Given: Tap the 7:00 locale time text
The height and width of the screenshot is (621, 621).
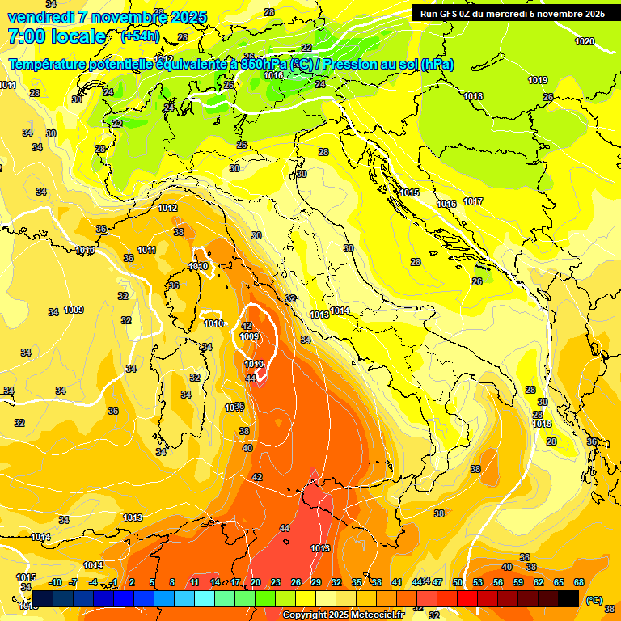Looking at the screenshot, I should click(x=57, y=36).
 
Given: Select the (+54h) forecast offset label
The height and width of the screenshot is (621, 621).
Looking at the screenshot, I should click(x=139, y=36).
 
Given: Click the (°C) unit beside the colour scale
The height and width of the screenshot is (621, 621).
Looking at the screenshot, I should click(x=594, y=599).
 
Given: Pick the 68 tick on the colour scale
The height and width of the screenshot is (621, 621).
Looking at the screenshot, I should click(x=579, y=582).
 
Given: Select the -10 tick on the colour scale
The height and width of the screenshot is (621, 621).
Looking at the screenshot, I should click(x=55, y=582).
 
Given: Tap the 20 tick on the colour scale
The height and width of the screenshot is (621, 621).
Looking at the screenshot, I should click(x=255, y=582).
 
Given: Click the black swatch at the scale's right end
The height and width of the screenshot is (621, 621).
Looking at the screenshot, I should click(x=568, y=598).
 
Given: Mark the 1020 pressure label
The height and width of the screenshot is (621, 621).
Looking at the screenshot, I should click(x=584, y=41).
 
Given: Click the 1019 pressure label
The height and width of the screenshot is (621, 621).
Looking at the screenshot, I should click(x=538, y=80).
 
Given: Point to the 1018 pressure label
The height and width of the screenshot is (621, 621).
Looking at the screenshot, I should click(x=473, y=96).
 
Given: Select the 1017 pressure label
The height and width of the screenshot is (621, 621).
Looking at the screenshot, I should click(x=473, y=201).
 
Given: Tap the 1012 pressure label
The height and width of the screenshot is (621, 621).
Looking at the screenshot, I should click(x=167, y=208).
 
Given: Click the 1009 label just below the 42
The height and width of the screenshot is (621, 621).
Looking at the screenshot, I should click(x=249, y=336).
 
